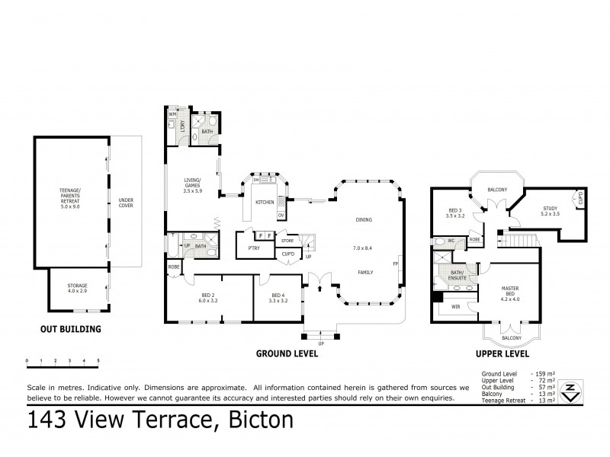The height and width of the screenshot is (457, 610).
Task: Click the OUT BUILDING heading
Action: coord(70,330)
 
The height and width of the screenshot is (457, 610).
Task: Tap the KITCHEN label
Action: coord(265,202)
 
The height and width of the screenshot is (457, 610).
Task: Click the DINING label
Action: coord(363,219)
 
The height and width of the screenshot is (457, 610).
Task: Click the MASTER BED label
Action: coord(510,291)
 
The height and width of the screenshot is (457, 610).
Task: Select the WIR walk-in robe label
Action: coord(456,306)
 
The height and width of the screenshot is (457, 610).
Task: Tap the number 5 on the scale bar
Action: coord(98,359)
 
